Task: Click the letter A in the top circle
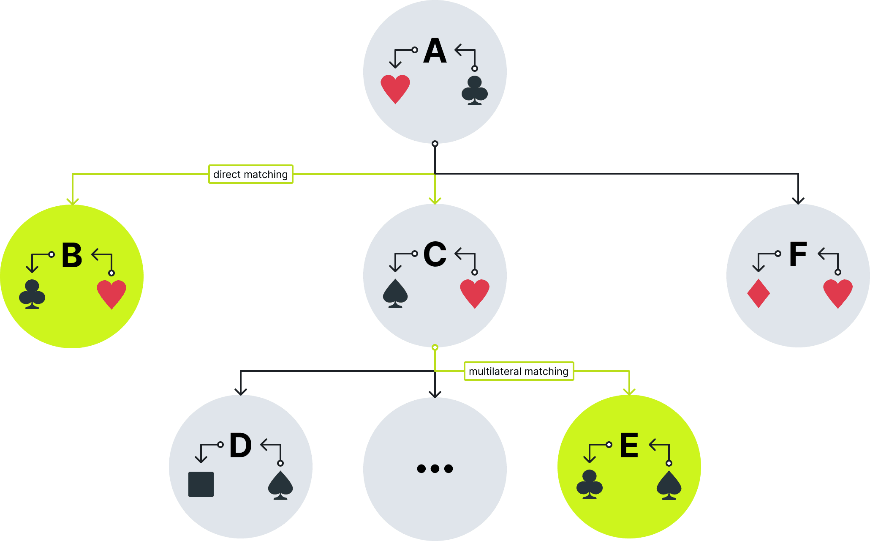tap(435, 52)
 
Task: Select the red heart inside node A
tap(395, 88)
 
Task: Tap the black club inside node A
tap(475, 90)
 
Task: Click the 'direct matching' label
tap(250, 174)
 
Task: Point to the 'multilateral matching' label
tap(519, 371)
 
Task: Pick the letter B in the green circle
tap(72, 256)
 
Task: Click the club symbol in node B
tap(32, 294)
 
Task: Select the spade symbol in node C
tap(395, 293)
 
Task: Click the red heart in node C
tap(475, 293)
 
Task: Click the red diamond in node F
tap(759, 293)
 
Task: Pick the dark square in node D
tap(201, 484)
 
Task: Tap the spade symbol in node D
tap(280, 485)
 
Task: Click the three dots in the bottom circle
tap(435, 468)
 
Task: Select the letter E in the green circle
tap(629, 446)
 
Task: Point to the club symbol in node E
tap(590, 484)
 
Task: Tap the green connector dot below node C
tap(435, 347)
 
